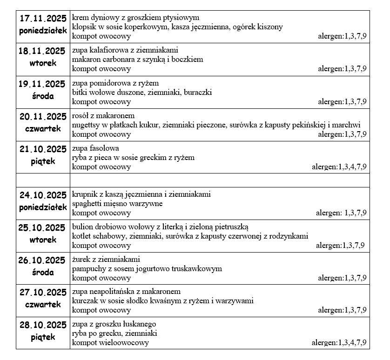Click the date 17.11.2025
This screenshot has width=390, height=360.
point(42,19)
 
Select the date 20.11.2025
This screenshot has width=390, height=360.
point(42,116)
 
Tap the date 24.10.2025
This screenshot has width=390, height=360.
point(42,195)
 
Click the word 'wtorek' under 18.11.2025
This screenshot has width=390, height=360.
point(42,63)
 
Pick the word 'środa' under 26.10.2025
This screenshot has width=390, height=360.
point(42,272)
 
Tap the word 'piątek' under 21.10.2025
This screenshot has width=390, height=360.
point(42,161)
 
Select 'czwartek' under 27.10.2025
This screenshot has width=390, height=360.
point(42,305)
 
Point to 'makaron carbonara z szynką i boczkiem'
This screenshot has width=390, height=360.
point(138,60)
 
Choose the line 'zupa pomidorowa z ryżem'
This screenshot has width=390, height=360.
point(115,83)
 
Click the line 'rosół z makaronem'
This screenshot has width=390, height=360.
point(103,115)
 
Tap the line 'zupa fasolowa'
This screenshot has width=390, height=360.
point(96,148)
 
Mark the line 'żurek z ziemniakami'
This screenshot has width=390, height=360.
point(106,259)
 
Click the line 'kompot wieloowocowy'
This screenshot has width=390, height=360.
point(111,343)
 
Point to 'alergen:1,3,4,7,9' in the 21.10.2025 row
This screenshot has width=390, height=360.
point(339,167)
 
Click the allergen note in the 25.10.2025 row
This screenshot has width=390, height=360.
point(340,245)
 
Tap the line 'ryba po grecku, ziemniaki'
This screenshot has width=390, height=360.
point(115,333)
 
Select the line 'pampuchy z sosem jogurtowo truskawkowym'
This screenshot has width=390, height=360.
point(147,268)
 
